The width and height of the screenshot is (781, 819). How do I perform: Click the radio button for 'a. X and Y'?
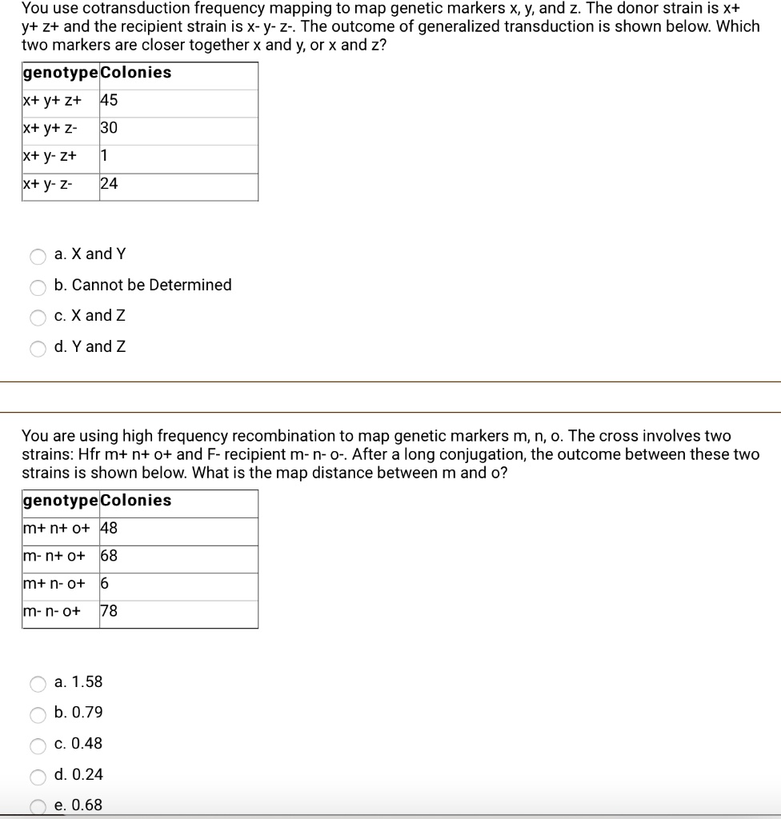coord(38,257)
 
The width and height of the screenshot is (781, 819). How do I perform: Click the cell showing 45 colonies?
coord(109,101)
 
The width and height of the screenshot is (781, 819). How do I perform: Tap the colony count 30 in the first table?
coord(109,128)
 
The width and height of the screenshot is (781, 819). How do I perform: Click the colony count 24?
coord(109,184)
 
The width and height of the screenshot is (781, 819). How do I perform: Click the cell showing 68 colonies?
coord(109,556)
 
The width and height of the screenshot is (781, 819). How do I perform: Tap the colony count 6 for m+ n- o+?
coord(105,584)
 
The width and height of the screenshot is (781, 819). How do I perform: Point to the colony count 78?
coord(109,612)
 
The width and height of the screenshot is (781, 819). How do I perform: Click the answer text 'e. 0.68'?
coord(78,805)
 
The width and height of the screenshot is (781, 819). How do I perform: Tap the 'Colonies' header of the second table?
coord(136,501)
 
